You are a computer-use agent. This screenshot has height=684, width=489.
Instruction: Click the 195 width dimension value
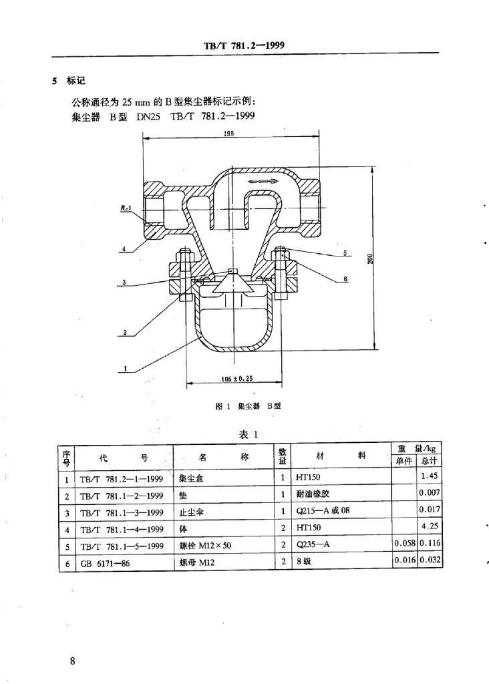click(x=228, y=134)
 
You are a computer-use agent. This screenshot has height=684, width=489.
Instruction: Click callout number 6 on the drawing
click(x=346, y=279)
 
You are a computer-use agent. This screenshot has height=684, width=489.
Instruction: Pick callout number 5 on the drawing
click(x=346, y=254)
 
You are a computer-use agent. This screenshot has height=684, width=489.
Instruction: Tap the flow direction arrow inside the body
click(x=260, y=180)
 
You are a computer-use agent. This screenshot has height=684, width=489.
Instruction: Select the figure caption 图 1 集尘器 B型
click(x=244, y=406)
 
